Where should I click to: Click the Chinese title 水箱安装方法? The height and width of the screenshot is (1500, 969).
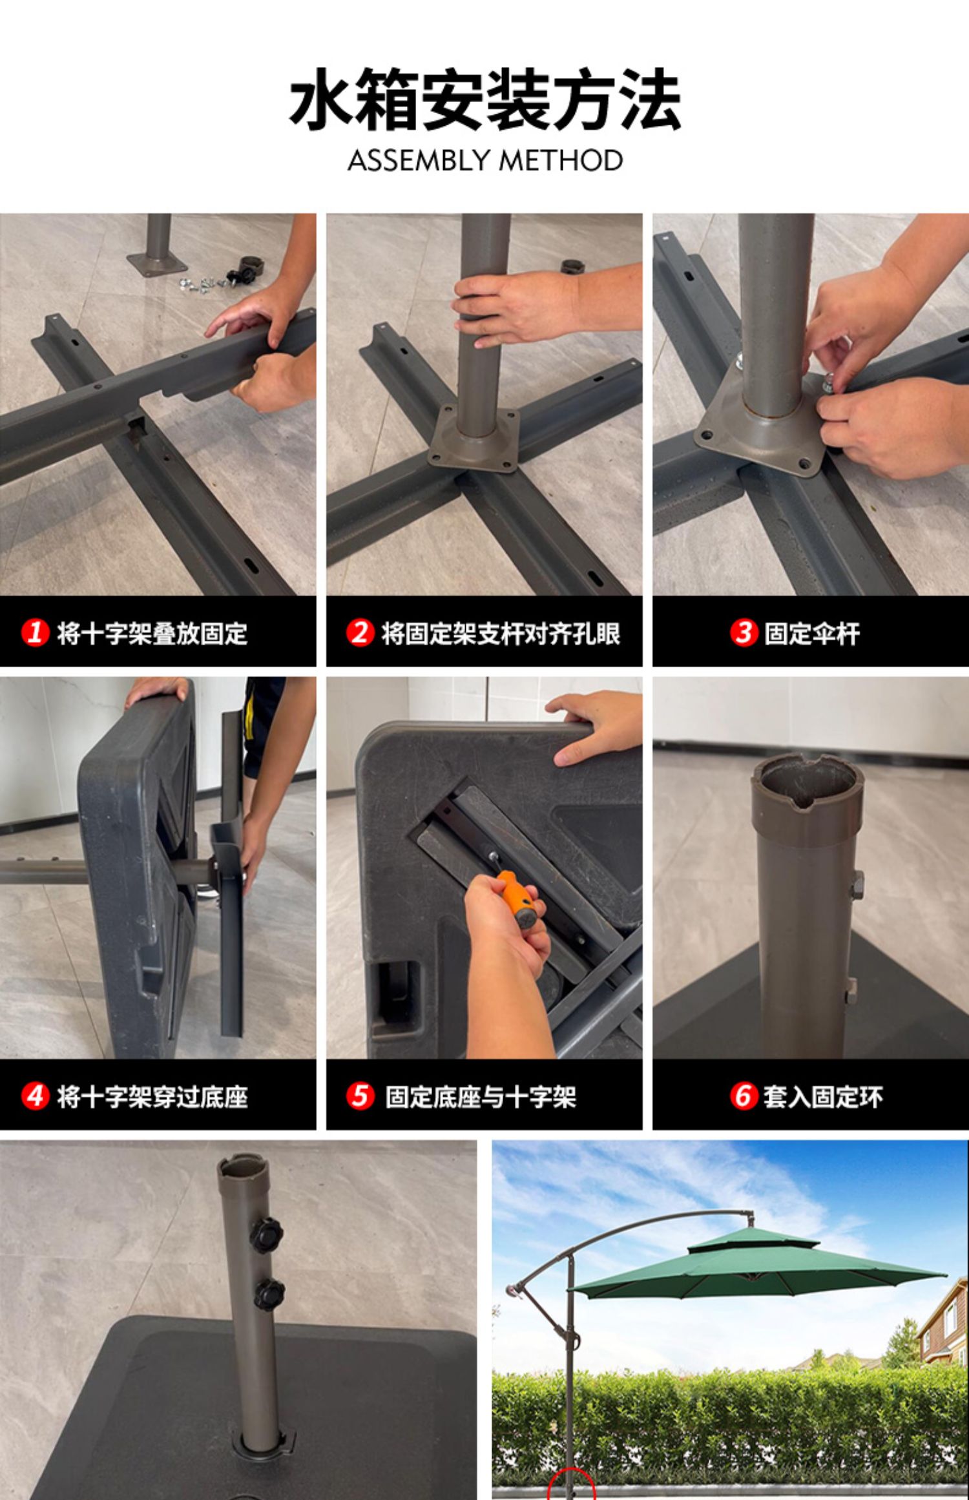click(x=484, y=99)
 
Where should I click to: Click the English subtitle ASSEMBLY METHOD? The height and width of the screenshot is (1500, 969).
click(x=485, y=160)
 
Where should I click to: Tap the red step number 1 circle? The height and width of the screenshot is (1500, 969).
click(x=35, y=632)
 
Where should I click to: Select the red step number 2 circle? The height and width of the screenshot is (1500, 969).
click(x=360, y=632)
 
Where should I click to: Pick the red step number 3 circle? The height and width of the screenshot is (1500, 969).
click(x=744, y=632)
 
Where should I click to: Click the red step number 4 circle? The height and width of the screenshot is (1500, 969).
click(x=35, y=1096)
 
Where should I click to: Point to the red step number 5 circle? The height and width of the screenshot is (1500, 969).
click(x=360, y=1096)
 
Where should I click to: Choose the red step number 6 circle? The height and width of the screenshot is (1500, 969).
click(x=744, y=1096)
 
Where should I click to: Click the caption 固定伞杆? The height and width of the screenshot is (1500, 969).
click(x=812, y=633)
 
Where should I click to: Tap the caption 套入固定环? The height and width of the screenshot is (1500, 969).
click(x=823, y=1096)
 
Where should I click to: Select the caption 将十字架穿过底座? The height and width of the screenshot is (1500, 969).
click(x=152, y=1096)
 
